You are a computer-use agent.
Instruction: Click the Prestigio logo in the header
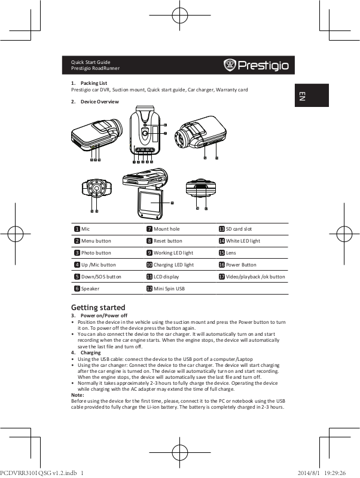pos(256,65)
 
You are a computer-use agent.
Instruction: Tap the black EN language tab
pos(312,96)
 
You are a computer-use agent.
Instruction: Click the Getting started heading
pos(98,307)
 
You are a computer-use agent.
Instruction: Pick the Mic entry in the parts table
pos(82,229)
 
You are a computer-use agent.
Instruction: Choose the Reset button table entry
pos(164,241)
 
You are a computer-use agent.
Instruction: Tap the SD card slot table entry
pos(235,229)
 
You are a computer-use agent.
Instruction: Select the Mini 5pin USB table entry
pos(166,289)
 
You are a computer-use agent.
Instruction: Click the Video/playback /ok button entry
pos(252,277)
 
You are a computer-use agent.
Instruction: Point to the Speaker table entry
pos(87,289)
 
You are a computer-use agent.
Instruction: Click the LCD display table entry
pos(163,277)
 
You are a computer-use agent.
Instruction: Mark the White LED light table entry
pos(239,241)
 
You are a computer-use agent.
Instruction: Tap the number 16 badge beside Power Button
pos(222,265)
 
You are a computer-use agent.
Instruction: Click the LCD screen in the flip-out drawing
pos(150,203)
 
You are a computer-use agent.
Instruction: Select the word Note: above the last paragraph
pos(78,395)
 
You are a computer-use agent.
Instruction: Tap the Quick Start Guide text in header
pos(91,62)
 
